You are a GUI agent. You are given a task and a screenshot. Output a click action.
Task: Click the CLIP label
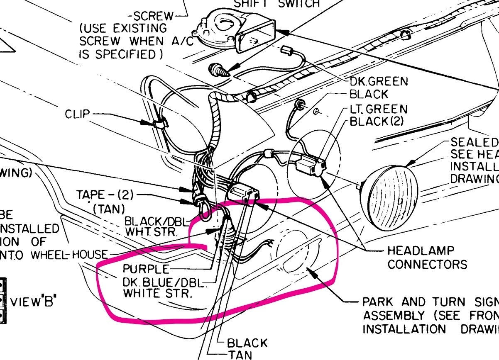(x=77, y=114)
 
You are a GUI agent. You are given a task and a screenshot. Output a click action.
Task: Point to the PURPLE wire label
(x=146, y=268)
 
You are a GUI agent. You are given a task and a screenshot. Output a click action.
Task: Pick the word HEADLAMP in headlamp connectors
(x=414, y=251)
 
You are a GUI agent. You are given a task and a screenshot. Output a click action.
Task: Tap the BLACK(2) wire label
(x=377, y=122)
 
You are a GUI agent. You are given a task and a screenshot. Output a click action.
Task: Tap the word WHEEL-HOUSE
(x=89, y=254)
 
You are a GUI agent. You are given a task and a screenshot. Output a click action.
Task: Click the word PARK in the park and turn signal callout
(x=378, y=302)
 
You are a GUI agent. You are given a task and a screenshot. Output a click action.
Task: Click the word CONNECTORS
(x=427, y=264)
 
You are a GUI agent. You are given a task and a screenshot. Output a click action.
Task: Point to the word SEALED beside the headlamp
(x=474, y=142)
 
